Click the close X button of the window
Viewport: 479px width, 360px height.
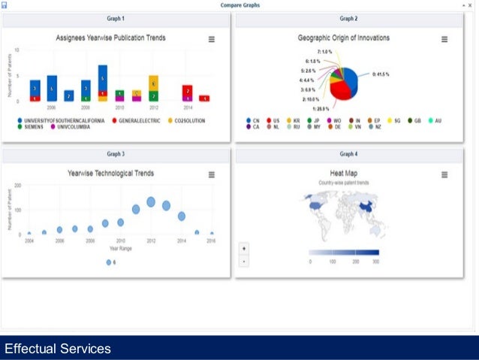[470, 5]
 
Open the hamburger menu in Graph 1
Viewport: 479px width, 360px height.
[211, 39]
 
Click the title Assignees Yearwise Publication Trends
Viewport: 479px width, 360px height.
[111, 38]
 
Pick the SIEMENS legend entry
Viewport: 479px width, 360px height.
[33, 127]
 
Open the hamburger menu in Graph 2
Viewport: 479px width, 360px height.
[444, 39]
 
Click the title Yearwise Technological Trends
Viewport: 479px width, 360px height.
[111, 173]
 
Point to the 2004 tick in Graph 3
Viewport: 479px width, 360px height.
[29, 241]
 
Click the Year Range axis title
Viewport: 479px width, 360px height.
[120, 248]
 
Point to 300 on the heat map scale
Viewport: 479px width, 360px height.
[376, 262]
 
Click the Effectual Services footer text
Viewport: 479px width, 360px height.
[58, 349]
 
